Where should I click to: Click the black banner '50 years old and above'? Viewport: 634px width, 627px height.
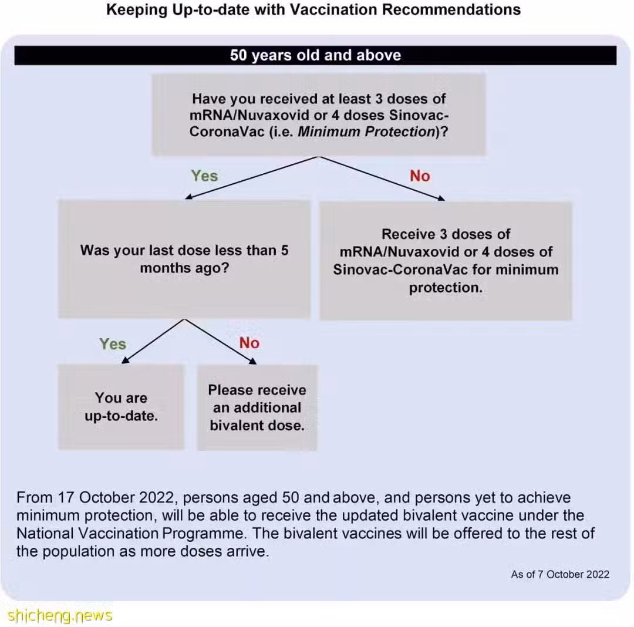point(315,55)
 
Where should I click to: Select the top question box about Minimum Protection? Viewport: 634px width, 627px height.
point(319,115)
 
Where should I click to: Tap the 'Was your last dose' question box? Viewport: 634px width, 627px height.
point(184,259)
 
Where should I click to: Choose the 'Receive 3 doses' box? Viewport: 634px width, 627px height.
point(446,261)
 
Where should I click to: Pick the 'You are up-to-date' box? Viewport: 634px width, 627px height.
point(122,407)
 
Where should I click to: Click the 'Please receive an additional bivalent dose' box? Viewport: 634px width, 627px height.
point(257,407)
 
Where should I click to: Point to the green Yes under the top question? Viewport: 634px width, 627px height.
point(204,176)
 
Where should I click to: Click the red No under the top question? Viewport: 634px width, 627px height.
point(420,176)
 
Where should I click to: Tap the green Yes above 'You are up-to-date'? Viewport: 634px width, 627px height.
point(113,344)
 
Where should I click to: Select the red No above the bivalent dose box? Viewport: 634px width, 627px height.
point(249,343)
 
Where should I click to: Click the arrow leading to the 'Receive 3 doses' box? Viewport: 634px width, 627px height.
point(382,178)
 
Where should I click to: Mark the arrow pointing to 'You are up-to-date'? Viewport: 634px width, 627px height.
point(153,341)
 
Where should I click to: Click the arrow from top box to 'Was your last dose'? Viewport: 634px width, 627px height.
point(252,178)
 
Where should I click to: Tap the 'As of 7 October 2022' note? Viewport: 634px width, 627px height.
point(560,574)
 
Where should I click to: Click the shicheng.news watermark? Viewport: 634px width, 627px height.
point(60,616)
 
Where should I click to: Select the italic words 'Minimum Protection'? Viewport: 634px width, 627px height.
point(366,132)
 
